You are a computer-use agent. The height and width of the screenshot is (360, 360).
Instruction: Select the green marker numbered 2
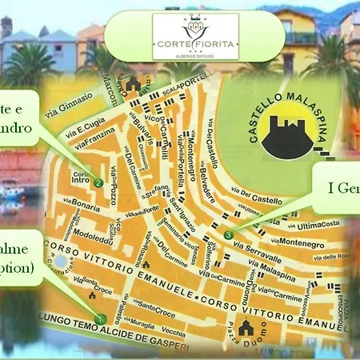[x=98, y=182]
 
